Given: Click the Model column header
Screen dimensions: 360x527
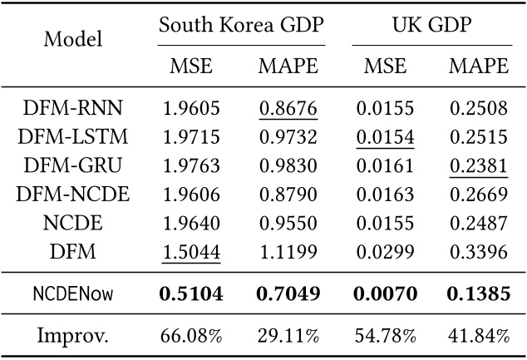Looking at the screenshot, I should [x=72, y=39].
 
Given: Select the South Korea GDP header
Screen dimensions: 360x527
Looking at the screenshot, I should [x=241, y=24].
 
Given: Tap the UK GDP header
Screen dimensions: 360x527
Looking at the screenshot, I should [x=431, y=24].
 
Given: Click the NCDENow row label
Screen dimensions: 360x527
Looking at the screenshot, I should [x=72, y=293].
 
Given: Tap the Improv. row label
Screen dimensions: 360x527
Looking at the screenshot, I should [x=72, y=335].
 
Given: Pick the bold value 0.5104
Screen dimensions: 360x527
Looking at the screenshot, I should [x=192, y=293].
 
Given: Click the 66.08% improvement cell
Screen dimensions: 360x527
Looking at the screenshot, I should [x=192, y=335].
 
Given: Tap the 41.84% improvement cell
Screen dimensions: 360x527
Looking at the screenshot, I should [x=478, y=335].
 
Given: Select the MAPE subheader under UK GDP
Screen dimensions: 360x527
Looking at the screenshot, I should [x=478, y=65].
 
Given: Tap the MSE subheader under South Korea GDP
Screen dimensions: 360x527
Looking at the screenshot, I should [x=192, y=65].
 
